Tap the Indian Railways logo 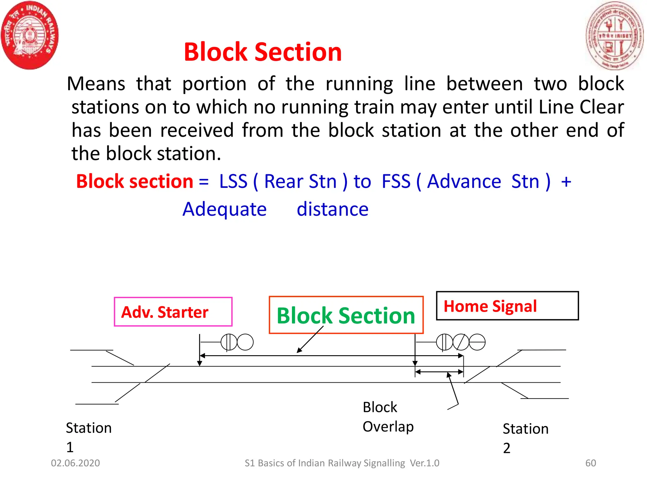30,35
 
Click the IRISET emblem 614,35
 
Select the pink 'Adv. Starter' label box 173,312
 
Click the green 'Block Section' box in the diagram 346,315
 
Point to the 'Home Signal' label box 507,306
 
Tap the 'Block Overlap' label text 388,417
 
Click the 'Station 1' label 88,437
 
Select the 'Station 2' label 525,438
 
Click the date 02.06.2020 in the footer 75,463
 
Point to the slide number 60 590,463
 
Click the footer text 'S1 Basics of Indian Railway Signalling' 325,463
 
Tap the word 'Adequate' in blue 225,209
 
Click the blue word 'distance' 332,209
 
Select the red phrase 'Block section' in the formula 135,182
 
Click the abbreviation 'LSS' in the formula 233,182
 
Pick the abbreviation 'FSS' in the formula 396,182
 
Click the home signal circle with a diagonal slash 461,342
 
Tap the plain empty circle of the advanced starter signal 245,342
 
